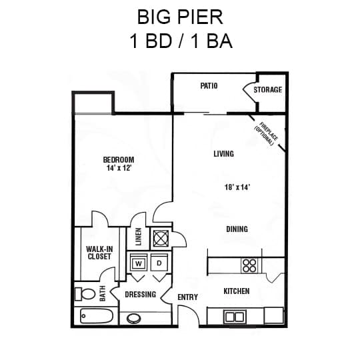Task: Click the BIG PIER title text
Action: click(179, 16)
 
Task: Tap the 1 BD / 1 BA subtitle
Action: click(180, 41)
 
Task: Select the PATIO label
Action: click(209, 86)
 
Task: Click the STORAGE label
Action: click(267, 89)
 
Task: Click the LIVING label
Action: click(223, 154)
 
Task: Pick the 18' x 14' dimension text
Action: click(237, 188)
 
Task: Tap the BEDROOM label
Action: click(119, 160)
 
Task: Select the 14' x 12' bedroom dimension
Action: click(119, 169)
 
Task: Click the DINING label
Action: click(237, 229)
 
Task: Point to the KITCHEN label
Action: click(236, 291)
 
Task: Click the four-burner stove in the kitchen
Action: click(249, 265)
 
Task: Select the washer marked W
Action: click(139, 263)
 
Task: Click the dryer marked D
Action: click(159, 263)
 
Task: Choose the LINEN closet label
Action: click(139, 237)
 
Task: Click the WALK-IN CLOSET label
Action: click(99, 253)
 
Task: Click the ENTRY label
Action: click(187, 297)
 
